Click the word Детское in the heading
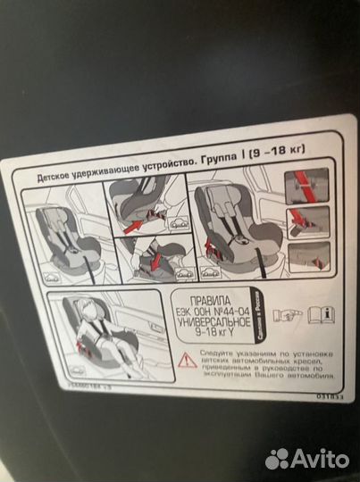click(x=52, y=177)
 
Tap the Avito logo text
click(x=317, y=459)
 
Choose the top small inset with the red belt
click(x=307, y=186)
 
